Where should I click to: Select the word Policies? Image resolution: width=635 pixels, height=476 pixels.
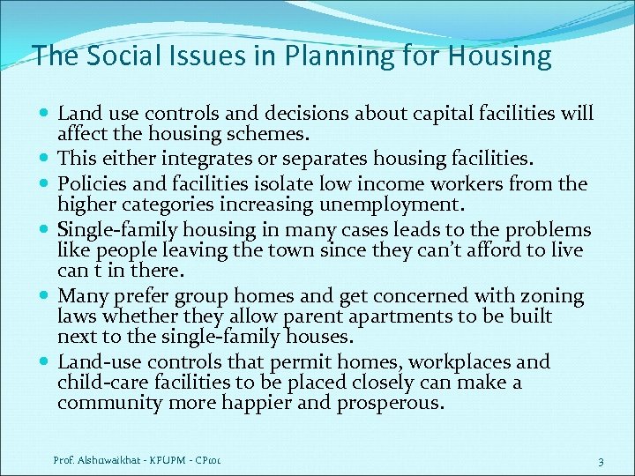93,182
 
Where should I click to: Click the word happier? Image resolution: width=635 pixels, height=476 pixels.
281,404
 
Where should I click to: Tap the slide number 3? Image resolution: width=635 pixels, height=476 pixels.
600,462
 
